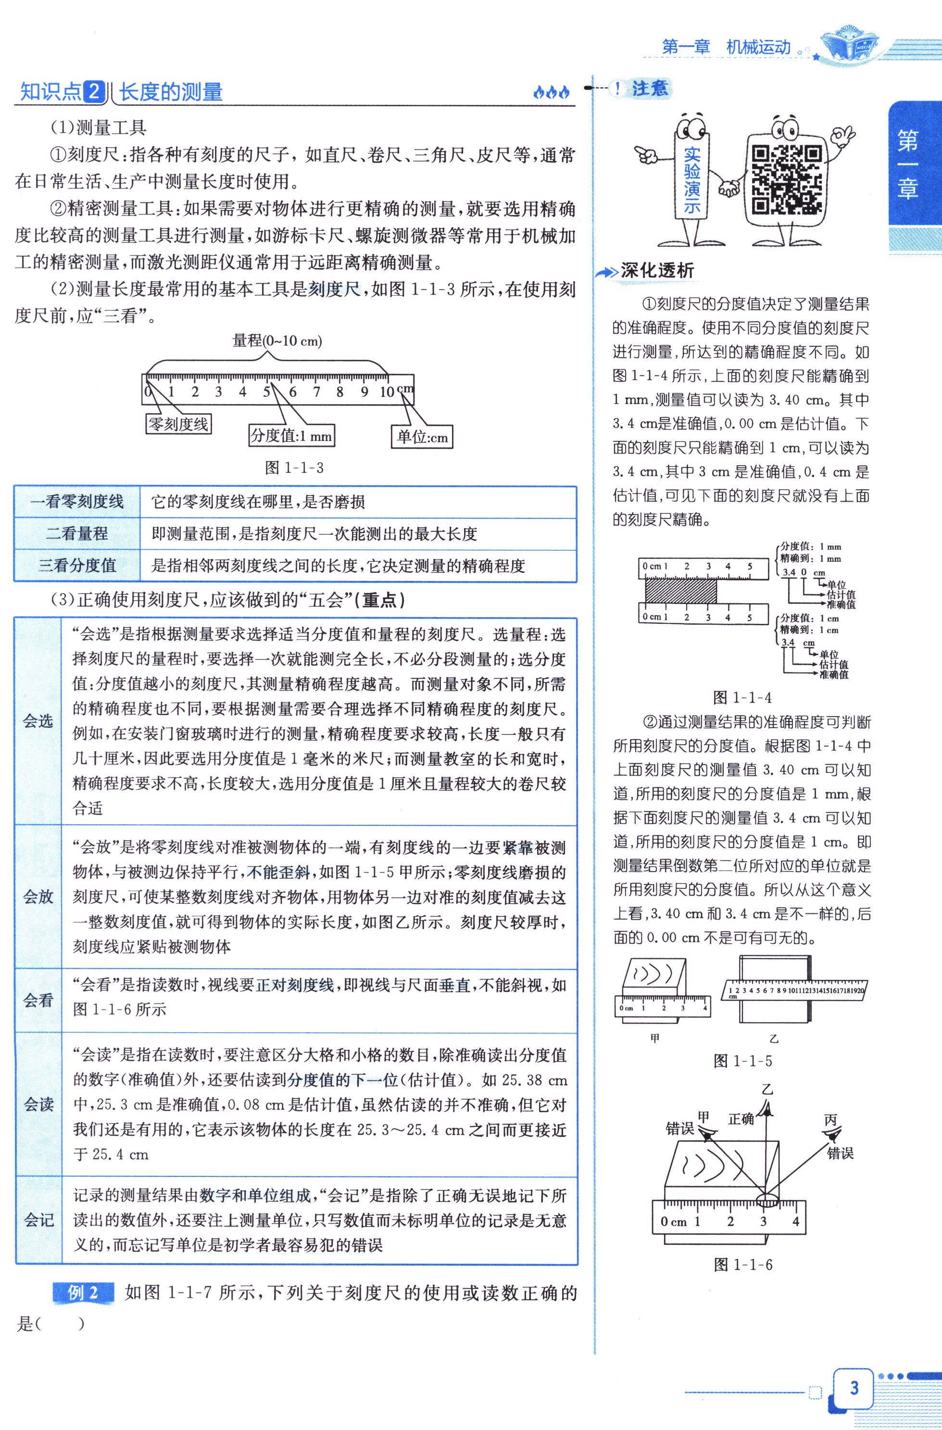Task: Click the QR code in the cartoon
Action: pos(786,179)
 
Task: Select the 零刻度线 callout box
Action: pos(178,424)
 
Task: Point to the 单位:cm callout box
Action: pos(422,437)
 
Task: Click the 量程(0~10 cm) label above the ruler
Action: pos(277,342)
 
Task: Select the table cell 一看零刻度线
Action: pos(77,502)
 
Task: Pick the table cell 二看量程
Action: pos(77,533)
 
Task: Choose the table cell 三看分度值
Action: pos(77,565)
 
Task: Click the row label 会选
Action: pos(38,721)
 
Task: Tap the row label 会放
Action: pos(38,897)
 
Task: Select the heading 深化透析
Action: pos(657,271)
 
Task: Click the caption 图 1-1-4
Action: pos(742,697)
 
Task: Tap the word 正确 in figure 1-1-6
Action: pos(741,1119)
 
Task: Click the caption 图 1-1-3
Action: pos(294,468)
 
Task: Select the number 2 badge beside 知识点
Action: pos(94,92)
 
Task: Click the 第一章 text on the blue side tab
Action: pos(908,165)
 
